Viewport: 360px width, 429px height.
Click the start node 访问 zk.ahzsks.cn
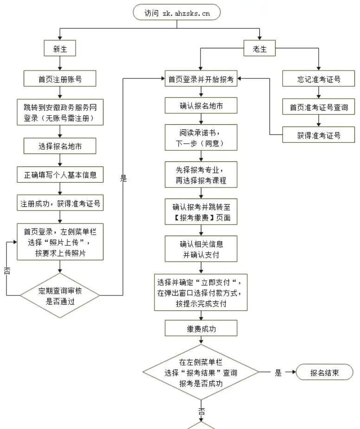pos(176,13)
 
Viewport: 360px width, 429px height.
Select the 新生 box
pos(60,49)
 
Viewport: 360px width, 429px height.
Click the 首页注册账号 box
pos(60,79)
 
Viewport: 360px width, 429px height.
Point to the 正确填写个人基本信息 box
pos(60,175)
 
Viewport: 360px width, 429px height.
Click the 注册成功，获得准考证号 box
pos(60,203)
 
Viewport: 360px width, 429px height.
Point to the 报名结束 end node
pos(324,372)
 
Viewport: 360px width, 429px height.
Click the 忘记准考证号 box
pos(319,79)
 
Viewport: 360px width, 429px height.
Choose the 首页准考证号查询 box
pos(319,108)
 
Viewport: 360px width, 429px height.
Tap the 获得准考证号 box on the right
pos(319,135)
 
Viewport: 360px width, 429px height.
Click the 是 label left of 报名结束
pos(278,372)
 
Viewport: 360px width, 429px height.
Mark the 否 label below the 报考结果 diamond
pos(202,411)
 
